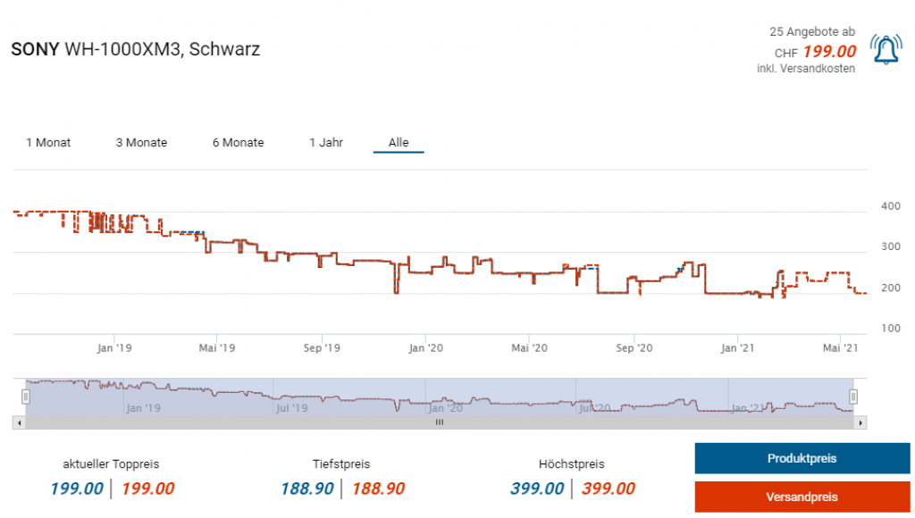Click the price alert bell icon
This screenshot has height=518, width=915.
886,50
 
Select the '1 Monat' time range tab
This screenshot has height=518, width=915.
48,143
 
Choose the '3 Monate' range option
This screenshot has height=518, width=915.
141,143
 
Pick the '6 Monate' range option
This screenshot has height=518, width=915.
238,143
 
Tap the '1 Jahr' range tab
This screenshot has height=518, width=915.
326,143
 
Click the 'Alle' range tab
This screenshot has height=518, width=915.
399,143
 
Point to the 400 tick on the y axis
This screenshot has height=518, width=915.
890,207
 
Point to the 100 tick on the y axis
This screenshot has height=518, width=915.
890,329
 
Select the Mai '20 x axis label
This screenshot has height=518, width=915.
529,348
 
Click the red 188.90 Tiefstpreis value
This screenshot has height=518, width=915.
378,489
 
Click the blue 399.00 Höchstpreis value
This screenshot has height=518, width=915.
537,489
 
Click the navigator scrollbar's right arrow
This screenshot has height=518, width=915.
860,422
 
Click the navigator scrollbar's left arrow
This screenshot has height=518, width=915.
19,422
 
